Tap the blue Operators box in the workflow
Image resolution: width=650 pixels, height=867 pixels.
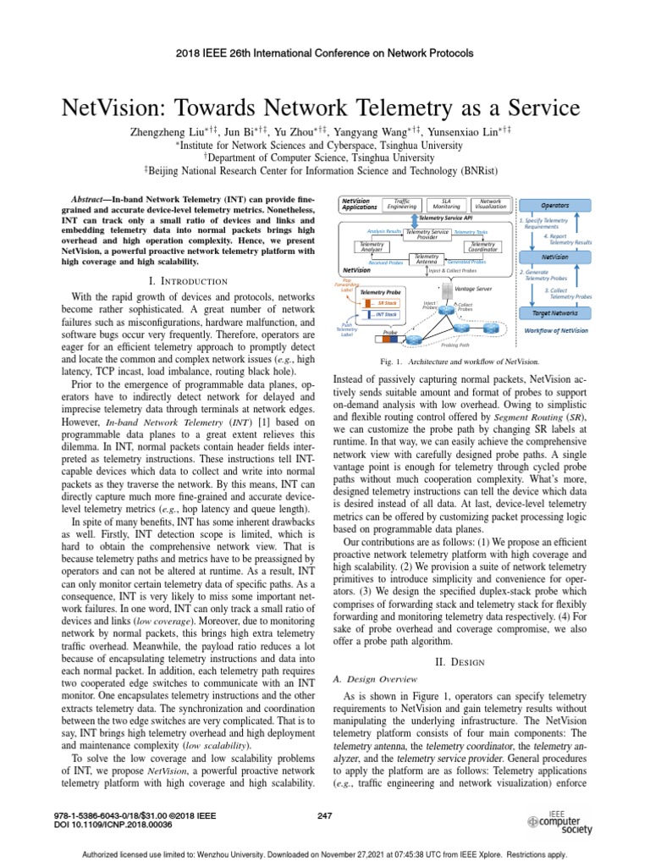click(554, 205)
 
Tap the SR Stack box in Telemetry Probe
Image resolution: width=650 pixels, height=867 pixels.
click(387, 302)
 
